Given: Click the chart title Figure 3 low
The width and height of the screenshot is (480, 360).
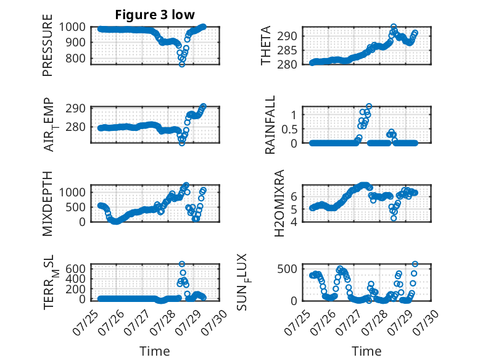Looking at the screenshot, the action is tap(155, 15).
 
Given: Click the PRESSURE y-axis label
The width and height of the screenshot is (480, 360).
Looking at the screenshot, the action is tap(48, 45).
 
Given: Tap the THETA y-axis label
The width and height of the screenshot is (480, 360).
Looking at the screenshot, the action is tap(266, 45).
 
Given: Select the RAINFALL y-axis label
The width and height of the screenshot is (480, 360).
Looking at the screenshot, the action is tap(270, 125).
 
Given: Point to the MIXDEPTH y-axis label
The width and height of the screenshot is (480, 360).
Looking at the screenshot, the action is tap(48, 204).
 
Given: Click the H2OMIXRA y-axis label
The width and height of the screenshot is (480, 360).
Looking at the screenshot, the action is tap(279, 203).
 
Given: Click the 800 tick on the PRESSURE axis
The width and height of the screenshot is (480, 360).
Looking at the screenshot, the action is tap(75, 58).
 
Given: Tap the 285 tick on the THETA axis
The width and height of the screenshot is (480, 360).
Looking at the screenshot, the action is tap(287, 50).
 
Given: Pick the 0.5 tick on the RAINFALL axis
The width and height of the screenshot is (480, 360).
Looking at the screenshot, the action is tap(289, 129).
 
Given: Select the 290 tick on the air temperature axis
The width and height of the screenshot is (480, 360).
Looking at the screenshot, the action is tap(75, 108).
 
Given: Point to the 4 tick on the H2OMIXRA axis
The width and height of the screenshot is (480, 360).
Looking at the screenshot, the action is tap(294, 222).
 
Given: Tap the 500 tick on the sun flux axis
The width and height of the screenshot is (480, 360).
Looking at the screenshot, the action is tap(287, 269).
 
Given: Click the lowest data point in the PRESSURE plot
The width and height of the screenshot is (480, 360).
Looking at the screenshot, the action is tap(182, 64).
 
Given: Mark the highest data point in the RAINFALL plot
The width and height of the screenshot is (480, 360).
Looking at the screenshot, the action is tap(369, 106).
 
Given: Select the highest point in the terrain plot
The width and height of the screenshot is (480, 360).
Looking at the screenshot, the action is tap(182, 264).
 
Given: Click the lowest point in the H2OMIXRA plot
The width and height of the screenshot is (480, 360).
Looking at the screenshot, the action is tap(394, 218).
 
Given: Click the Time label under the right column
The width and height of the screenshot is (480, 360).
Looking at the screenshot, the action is tap(366, 351).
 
